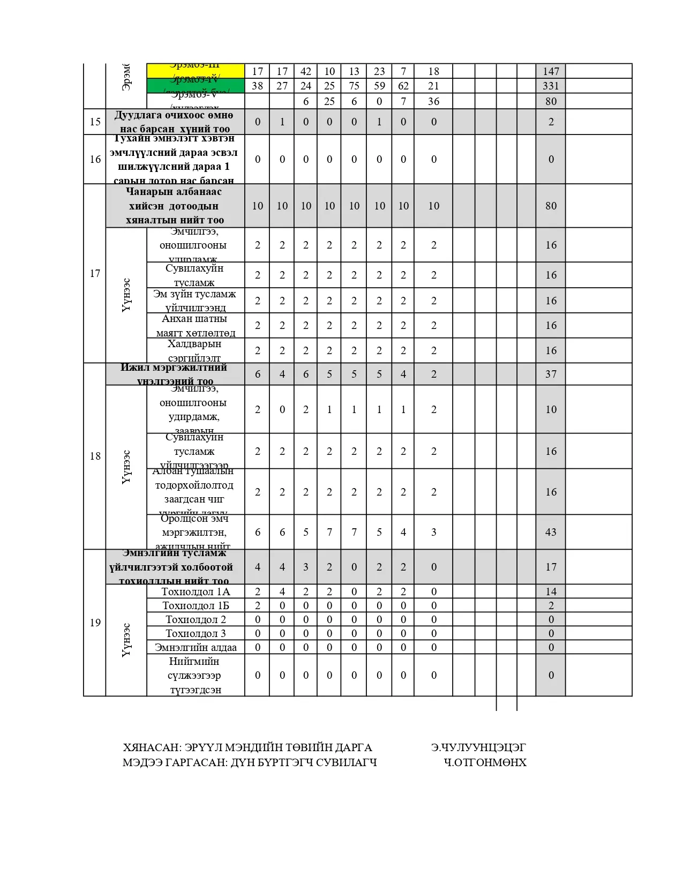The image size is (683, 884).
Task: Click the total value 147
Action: (x=551, y=71)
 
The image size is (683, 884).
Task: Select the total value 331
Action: (x=551, y=86)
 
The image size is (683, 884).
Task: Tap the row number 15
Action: (x=95, y=122)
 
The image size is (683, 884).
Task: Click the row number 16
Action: (x=95, y=159)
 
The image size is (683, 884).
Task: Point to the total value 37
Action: (x=551, y=374)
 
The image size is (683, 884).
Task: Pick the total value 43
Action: (x=551, y=532)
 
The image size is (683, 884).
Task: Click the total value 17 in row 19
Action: (x=551, y=567)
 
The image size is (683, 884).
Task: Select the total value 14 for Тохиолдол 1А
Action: (x=551, y=591)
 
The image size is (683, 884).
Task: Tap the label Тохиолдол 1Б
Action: (x=196, y=605)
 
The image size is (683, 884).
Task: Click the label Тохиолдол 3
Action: (x=196, y=633)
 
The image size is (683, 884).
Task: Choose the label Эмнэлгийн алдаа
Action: (x=196, y=647)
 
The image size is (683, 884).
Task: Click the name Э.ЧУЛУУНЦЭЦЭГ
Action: (x=478, y=747)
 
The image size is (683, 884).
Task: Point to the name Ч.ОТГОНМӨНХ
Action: (x=485, y=762)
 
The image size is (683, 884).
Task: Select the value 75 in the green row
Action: (x=354, y=86)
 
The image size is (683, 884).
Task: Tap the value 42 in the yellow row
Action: (x=306, y=71)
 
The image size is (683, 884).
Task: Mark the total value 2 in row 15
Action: (x=551, y=122)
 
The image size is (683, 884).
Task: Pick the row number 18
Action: (x=95, y=456)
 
